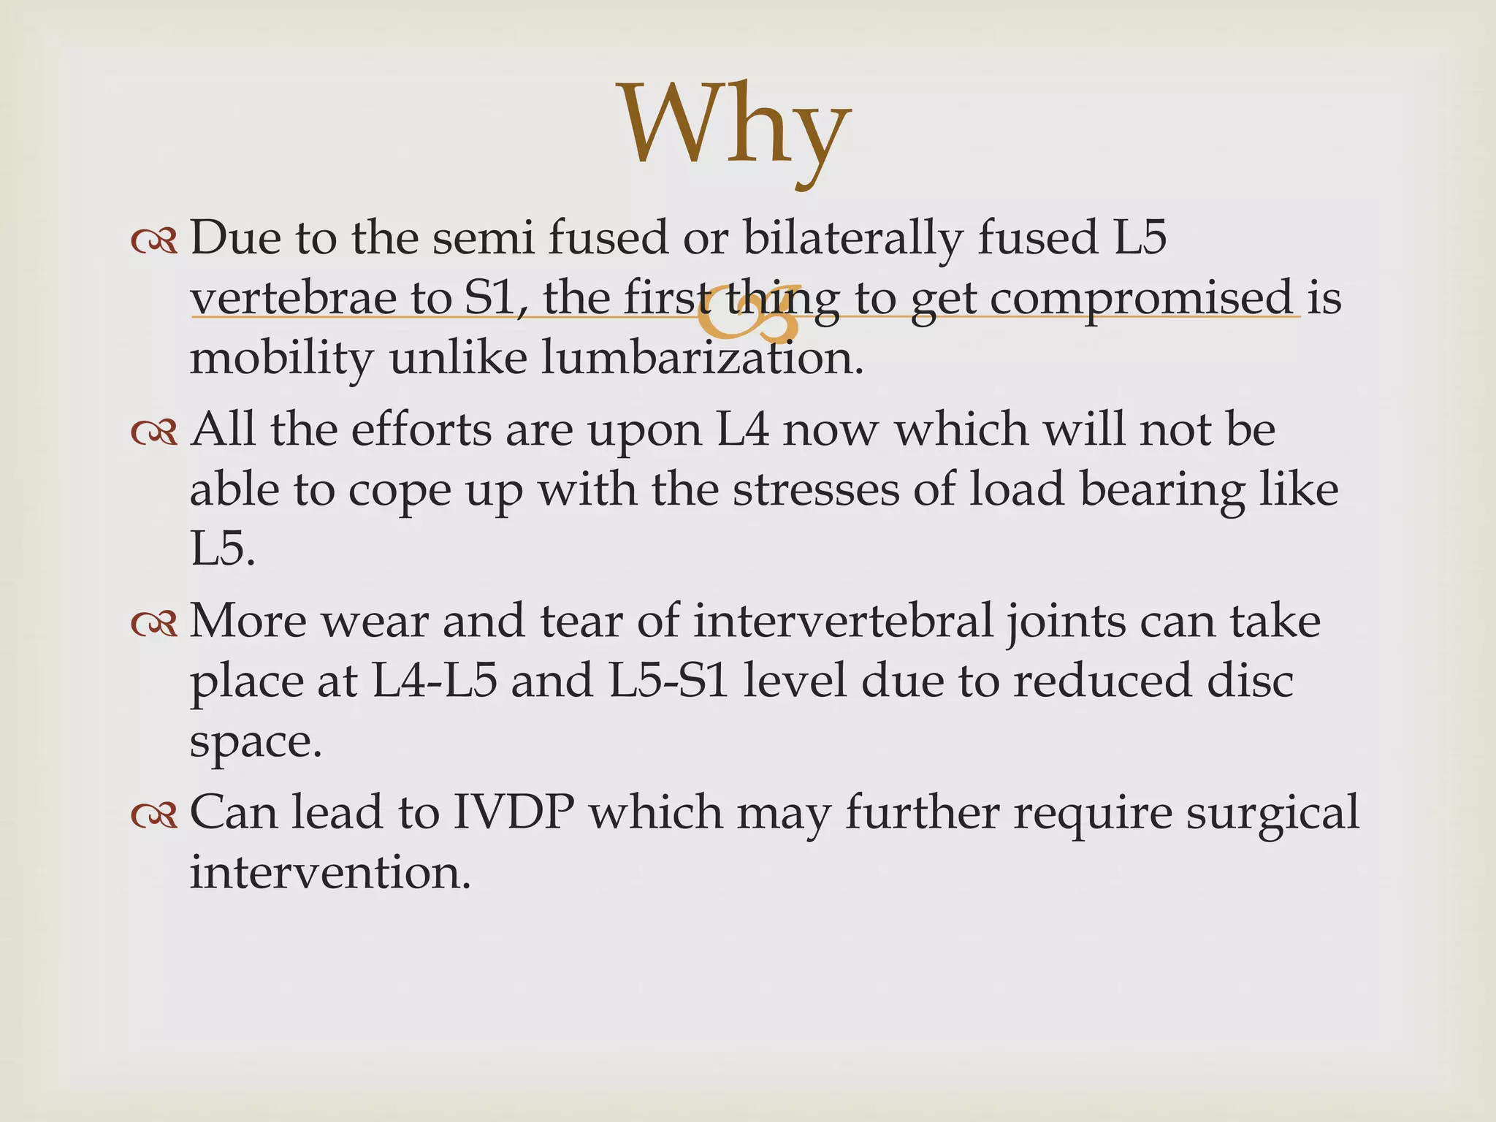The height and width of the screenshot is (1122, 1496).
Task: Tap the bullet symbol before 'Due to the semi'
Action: pos(154,242)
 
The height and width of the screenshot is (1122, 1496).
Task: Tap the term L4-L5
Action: pos(435,681)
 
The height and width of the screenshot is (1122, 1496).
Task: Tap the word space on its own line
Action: pos(255,742)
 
